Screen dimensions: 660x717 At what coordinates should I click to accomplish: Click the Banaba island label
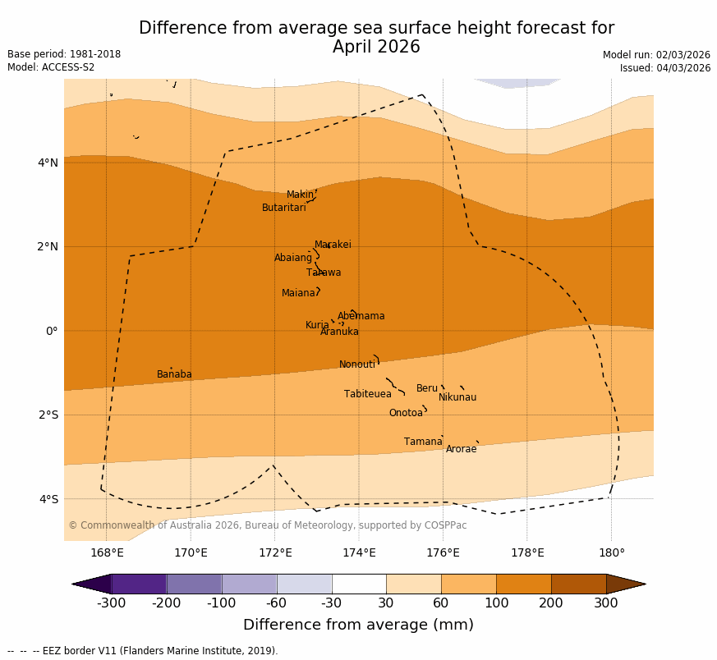pos(174,374)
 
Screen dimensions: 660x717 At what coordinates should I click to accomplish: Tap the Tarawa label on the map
pos(324,273)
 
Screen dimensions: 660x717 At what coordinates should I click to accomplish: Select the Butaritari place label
pos(283,208)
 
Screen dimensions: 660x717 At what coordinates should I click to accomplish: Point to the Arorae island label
pos(461,449)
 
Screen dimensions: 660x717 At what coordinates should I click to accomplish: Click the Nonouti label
pos(357,364)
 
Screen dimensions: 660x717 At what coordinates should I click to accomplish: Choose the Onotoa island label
pos(406,413)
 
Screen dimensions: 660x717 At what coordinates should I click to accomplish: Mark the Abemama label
pos(361,316)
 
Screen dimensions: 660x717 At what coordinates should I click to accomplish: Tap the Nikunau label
pos(457,397)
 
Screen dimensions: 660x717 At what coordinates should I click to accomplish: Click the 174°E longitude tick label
pos(359,552)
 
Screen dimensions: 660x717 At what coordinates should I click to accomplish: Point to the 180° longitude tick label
pos(611,552)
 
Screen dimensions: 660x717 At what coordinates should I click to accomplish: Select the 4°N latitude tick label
pos(48,163)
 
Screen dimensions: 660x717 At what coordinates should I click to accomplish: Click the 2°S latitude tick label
pos(48,415)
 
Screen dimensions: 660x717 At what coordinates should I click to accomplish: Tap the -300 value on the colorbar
pos(111,603)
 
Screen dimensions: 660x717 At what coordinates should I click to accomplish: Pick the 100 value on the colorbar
pos(496,603)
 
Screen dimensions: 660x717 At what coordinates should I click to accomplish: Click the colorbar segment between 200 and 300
pos(578,584)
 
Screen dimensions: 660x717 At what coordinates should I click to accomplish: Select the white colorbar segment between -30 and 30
pos(359,584)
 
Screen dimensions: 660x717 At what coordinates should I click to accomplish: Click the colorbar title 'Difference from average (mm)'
pos(358,625)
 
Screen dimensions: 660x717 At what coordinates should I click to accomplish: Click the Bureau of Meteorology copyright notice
pos(267,525)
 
